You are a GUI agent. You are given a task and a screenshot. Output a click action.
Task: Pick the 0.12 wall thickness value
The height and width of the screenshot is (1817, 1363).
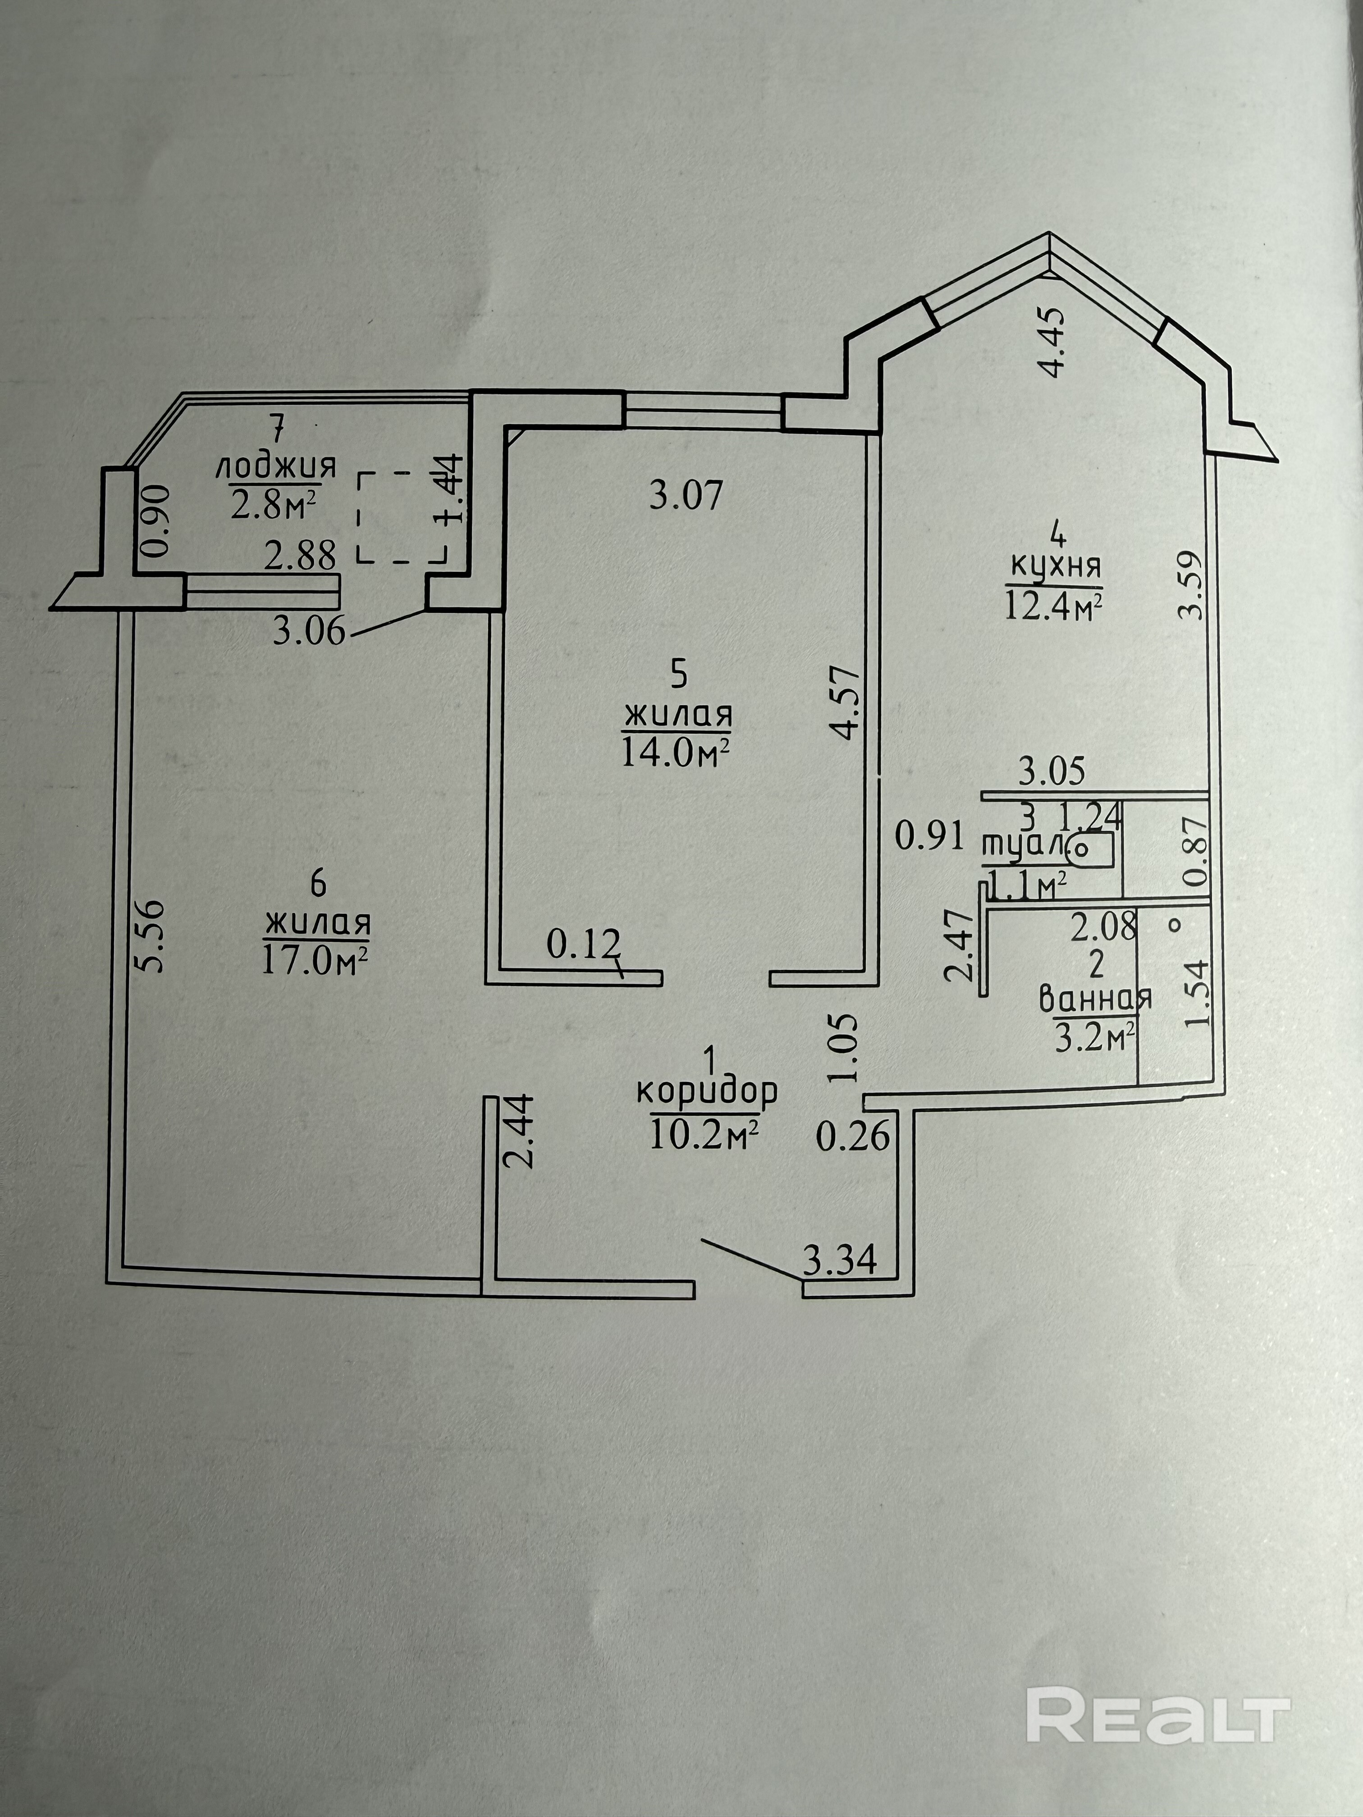(582, 946)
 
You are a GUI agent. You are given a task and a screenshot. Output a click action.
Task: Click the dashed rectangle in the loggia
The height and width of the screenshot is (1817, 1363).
(401, 517)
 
